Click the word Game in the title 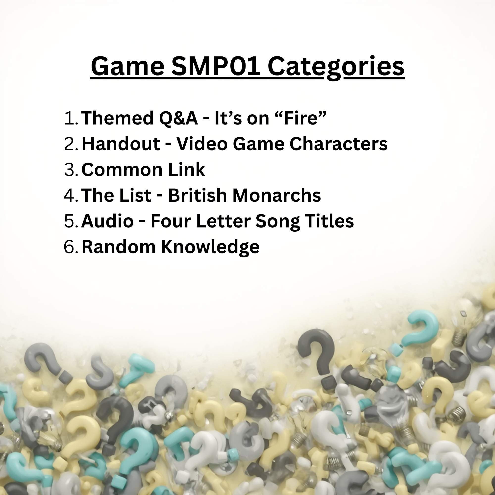(x=127, y=67)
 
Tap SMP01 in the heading (x=216, y=66)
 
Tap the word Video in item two (x=202, y=144)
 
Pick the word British (x=198, y=195)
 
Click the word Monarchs (x=277, y=195)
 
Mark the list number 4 (x=71, y=195)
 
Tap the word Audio (x=107, y=221)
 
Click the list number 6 (x=71, y=247)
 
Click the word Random (x=119, y=247)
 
